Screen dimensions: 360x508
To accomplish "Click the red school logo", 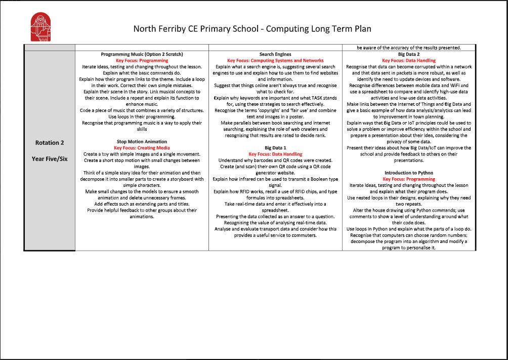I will [x=41, y=28].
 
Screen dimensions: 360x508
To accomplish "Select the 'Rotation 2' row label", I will [x=50, y=143].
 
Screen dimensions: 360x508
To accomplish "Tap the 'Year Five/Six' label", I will [x=50, y=158].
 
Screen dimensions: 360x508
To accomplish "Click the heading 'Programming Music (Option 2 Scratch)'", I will [x=142, y=54].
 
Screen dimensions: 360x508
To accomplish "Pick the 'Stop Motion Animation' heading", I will [x=142, y=142].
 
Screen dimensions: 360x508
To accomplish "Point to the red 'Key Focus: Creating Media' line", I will [x=142, y=148].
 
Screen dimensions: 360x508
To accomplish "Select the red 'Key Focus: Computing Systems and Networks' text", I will [x=275, y=60].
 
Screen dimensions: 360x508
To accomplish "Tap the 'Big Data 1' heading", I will [x=275, y=148].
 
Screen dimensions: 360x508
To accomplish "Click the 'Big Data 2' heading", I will [x=408, y=54].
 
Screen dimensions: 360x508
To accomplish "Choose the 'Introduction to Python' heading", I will [x=408, y=173].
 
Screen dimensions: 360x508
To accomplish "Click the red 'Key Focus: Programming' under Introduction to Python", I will [x=408, y=179].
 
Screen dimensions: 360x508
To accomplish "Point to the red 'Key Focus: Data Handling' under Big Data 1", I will [x=275, y=154].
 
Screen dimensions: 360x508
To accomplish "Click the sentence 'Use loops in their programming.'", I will [x=142, y=116].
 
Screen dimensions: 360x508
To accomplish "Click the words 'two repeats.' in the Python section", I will [x=408, y=204].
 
